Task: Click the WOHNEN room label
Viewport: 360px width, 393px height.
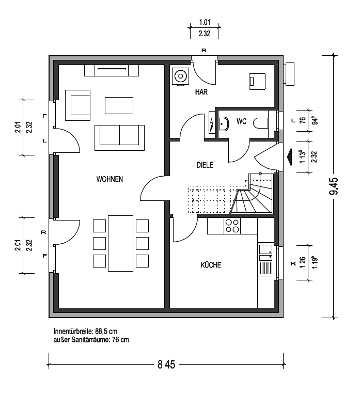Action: [x=109, y=179]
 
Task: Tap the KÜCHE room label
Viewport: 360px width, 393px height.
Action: [x=211, y=265]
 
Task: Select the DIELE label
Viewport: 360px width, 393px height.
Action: [x=205, y=165]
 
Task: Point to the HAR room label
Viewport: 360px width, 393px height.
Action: [x=201, y=92]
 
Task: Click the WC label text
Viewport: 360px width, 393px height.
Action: [x=241, y=121]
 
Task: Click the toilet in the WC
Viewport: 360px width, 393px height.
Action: [x=261, y=123]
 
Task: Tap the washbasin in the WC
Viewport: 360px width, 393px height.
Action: [x=224, y=123]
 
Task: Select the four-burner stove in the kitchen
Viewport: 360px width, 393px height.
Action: [x=232, y=226]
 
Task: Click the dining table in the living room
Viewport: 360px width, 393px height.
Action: [x=120, y=243]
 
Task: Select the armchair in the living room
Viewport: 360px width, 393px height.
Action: [x=77, y=105]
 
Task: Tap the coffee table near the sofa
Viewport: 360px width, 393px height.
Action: [x=119, y=105]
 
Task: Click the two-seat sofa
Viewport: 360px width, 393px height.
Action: [x=119, y=137]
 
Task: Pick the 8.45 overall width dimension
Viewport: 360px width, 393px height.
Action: [x=166, y=364]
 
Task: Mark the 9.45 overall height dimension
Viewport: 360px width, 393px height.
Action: [x=334, y=186]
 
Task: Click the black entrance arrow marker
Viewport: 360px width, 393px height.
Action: [x=290, y=157]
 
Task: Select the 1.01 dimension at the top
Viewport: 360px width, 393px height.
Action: [x=205, y=22]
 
